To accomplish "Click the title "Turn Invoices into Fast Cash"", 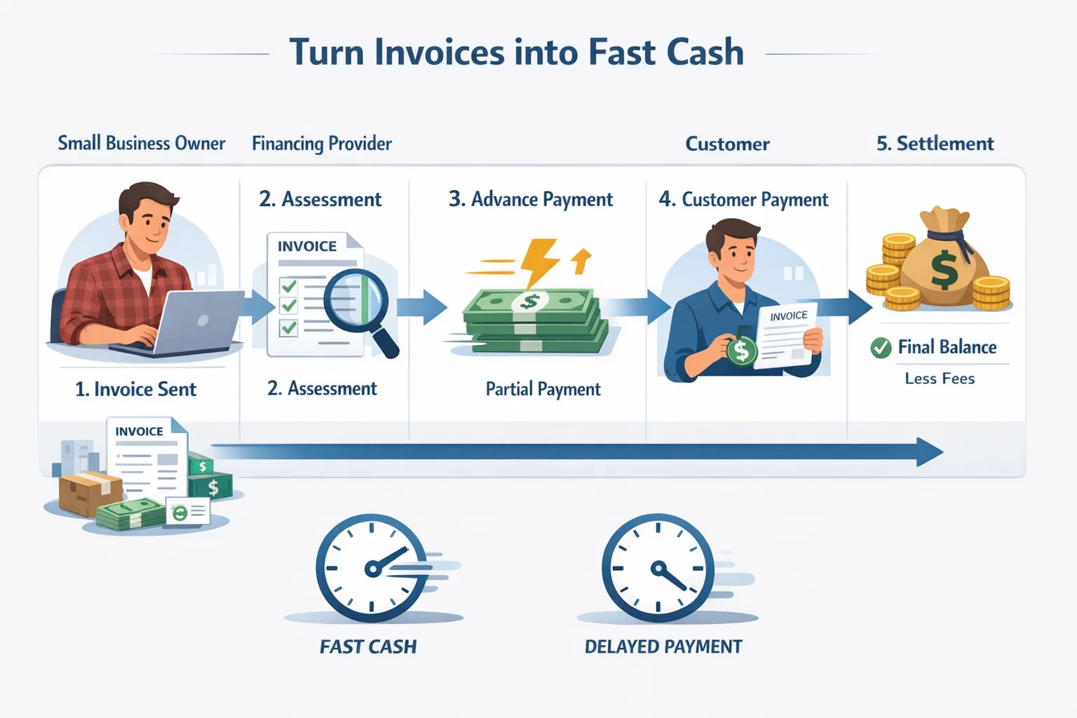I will point(517,53).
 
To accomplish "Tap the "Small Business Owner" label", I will point(141,143).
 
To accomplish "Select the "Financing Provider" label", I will point(322,144).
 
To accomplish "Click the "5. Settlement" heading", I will point(935,144).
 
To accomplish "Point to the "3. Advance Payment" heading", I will point(531,200).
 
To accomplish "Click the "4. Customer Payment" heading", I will point(743,200).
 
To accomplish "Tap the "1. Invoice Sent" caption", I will point(135,389).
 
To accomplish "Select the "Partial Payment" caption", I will point(543,389).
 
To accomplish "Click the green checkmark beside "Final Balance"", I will point(881,347).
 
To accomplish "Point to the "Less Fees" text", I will point(940,379).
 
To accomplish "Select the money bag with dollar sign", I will point(943,263).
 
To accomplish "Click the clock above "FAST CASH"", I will point(371,568).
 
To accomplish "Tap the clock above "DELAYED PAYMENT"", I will point(658,568).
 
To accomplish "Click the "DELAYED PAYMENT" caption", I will point(663,646).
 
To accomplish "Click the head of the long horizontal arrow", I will point(930,452).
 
